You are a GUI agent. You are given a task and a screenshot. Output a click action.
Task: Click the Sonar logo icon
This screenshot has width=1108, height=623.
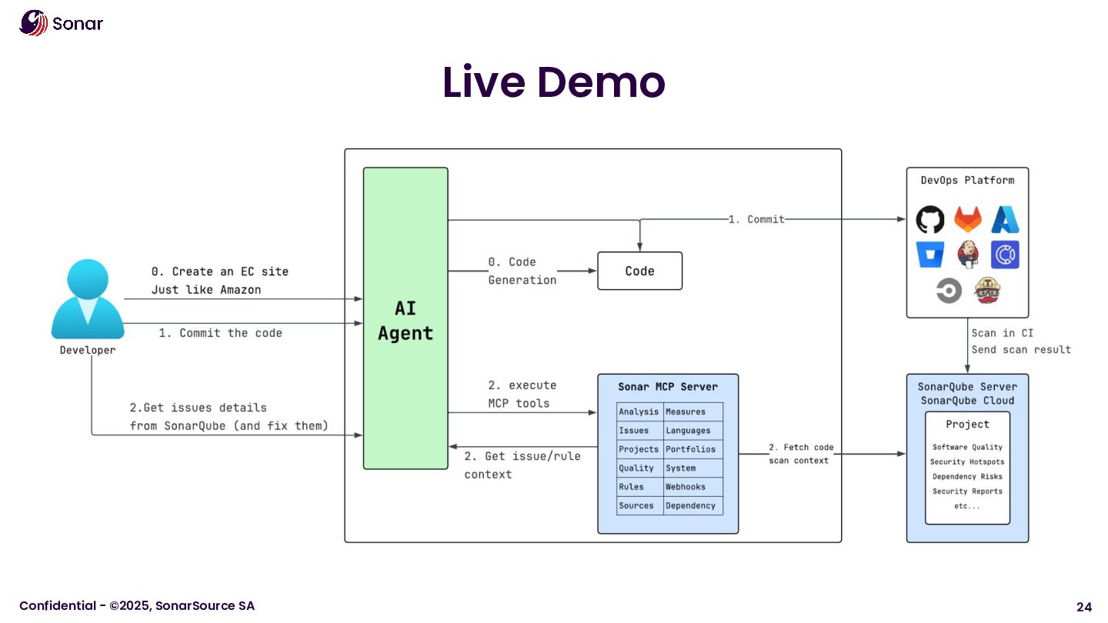[33, 22]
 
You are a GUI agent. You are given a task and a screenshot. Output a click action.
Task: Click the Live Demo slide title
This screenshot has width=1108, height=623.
[553, 82]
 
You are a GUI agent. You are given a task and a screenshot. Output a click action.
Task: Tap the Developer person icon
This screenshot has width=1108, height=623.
[88, 299]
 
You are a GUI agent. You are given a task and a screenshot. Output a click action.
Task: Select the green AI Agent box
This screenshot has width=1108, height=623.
[405, 318]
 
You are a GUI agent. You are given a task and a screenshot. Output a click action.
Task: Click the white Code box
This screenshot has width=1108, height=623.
[639, 271]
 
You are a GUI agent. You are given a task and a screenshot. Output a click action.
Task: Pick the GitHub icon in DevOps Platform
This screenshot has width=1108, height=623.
[930, 220]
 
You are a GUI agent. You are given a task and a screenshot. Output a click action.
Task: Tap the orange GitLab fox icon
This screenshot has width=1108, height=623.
[968, 220]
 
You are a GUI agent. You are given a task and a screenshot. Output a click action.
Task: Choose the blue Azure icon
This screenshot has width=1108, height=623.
[1005, 220]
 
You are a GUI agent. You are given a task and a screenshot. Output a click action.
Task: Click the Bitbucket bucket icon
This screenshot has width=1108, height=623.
[930, 255]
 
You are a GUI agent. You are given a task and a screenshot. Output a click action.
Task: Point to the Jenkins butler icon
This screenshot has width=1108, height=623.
[968, 255]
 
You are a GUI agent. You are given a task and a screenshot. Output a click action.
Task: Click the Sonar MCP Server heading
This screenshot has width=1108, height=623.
[668, 387]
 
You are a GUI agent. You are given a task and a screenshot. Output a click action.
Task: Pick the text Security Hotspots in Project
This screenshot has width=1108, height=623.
[967, 461]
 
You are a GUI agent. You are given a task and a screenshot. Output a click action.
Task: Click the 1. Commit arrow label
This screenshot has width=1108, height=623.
[756, 219]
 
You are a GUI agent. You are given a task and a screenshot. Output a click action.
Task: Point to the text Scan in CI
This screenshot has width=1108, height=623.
[1002, 333]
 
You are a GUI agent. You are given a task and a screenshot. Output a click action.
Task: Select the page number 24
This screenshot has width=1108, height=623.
[1083, 606]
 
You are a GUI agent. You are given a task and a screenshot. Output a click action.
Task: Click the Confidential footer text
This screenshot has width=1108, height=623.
[137, 606]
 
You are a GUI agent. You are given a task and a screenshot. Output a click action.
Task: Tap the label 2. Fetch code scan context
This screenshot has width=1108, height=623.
[800, 454]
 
